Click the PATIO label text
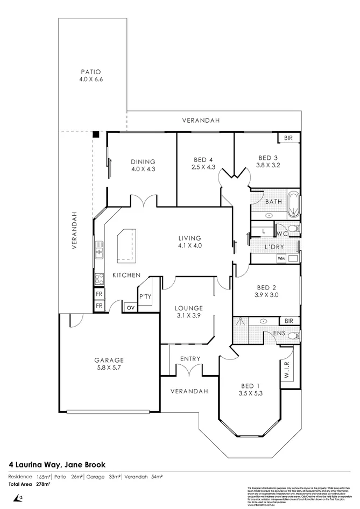point(91,72)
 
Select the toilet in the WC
point(294,230)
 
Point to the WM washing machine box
point(281,258)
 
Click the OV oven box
point(130,307)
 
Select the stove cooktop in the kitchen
point(99,278)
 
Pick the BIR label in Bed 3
point(288,138)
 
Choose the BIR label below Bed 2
point(288,321)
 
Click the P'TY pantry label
point(145,296)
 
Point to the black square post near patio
point(95,135)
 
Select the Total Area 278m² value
point(43,484)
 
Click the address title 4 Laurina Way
point(57,463)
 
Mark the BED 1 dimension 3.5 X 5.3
point(251,393)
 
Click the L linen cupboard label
point(263,231)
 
